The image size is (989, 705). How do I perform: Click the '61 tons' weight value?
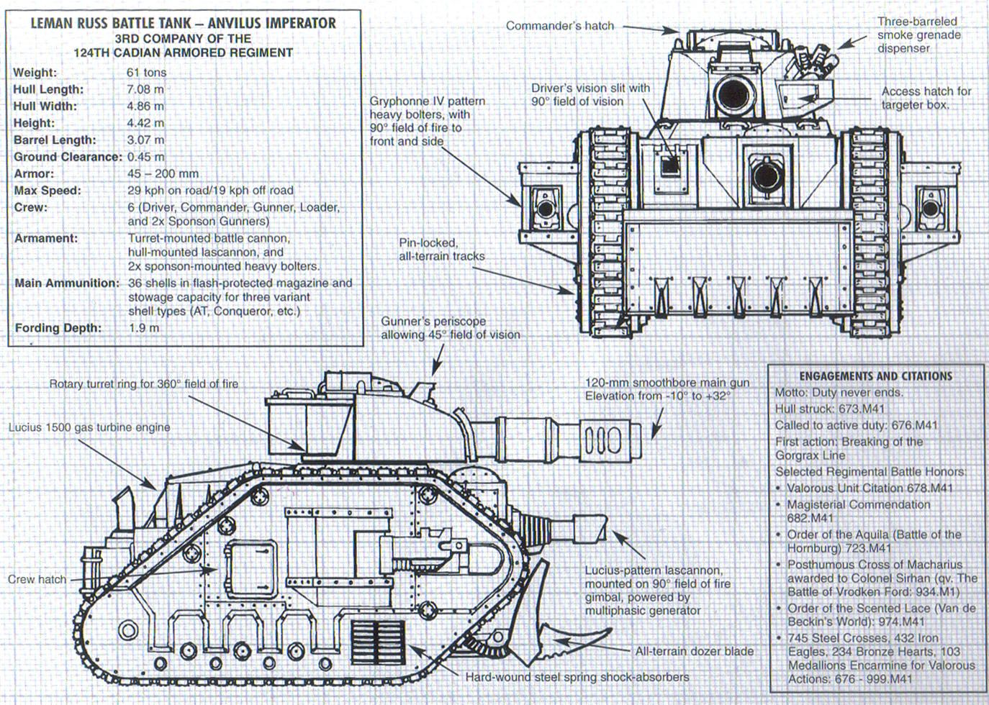click(146, 73)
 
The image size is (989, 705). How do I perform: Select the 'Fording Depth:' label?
click(58, 328)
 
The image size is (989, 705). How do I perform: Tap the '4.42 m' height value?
click(145, 123)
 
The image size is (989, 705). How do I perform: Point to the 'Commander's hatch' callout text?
click(559, 26)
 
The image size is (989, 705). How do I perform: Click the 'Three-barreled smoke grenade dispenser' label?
click(918, 35)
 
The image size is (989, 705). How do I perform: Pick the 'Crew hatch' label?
click(37, 579)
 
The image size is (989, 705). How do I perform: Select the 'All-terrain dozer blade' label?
click(694, 651)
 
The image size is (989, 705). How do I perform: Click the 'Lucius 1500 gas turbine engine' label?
click(89, 427)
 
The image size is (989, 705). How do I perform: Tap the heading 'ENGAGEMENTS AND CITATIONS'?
click(875, 376)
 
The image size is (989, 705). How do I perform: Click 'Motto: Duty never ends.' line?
click(839, 393)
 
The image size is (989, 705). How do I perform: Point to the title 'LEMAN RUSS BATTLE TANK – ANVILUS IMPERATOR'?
click(183, 23)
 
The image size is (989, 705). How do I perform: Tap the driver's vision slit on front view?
click(670, 165)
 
